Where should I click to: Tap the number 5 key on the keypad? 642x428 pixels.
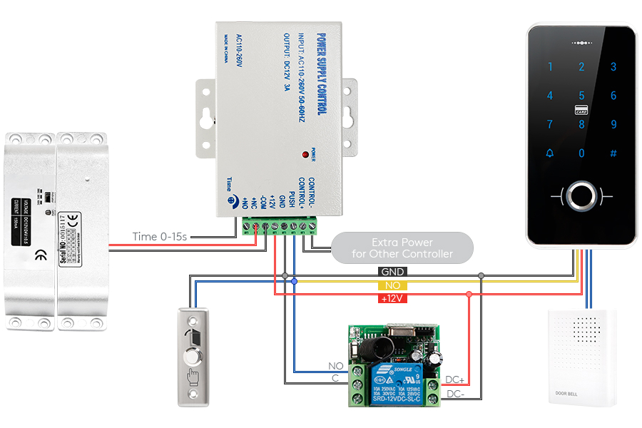coord(581,96)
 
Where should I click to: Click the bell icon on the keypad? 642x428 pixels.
coord(549,153)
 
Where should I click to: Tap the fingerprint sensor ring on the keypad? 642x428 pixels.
coord(581,195)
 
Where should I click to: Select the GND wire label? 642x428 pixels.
coord(392,272)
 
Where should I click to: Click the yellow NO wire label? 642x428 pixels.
coord(392,285)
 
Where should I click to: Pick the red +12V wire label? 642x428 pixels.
coord(392,297)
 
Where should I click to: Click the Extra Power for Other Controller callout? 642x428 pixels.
coord(402,248)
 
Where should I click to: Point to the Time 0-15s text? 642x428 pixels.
coord(160,236)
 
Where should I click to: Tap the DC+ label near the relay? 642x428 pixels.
coord(455,379)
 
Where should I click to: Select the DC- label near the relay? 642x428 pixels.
coord(455,393)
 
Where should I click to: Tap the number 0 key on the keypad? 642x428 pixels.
coord(581,153)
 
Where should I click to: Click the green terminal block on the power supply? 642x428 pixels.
coord(279,226)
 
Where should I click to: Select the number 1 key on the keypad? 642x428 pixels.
coord(550,67)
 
